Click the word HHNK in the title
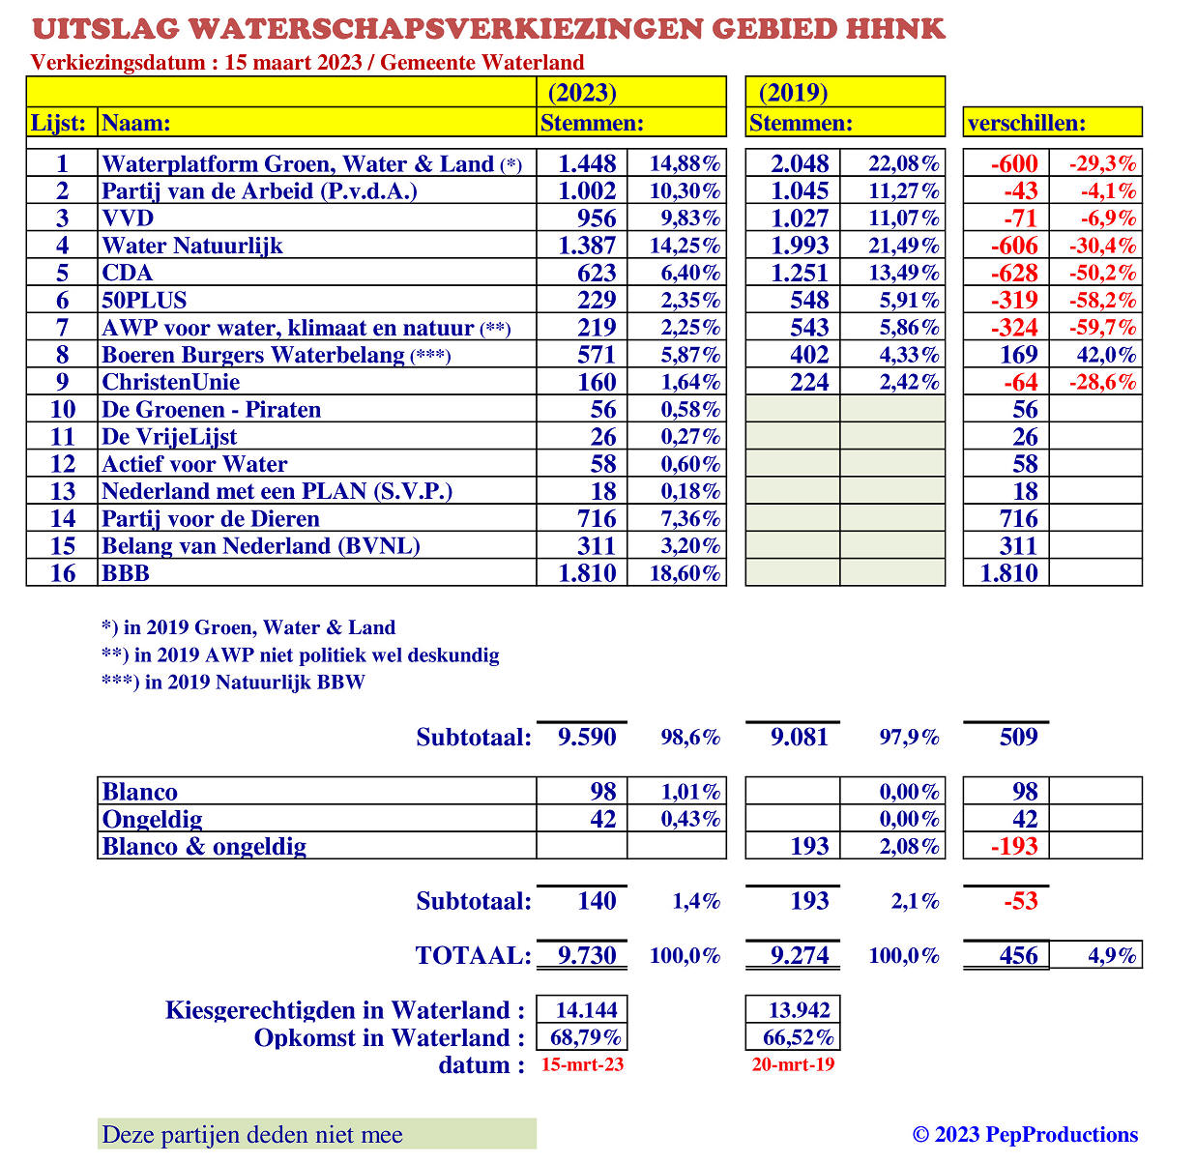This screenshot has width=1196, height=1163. click(x=894, y=28)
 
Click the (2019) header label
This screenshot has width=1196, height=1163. click(x=793, y=93)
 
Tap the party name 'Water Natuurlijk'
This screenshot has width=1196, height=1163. click(x=192, y=246)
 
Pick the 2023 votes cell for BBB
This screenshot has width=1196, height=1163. click(x=587, y=573)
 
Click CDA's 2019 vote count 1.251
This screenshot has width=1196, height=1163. click(x=800, y=273)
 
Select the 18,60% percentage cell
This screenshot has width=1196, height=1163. click(x=685, y=573)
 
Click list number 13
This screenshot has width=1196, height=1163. click(x=62, y=491)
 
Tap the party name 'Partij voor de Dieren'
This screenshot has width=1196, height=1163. click(x=211, y=519)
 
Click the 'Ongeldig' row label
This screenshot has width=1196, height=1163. click(x=153, y=820)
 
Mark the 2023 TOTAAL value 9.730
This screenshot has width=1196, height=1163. click(x=587, y=955)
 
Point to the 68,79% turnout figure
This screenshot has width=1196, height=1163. click(x=585, y=1037)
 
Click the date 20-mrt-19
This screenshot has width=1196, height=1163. click(x=793, y=1064)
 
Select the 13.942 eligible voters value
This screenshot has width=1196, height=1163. click(x=799, y=1010)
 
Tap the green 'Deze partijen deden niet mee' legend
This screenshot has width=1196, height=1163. click(x=316, y=1135)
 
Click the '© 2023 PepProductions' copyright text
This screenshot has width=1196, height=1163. click(x=1025, y=1135)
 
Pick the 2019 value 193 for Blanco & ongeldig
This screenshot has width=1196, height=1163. click(x=809, y=847)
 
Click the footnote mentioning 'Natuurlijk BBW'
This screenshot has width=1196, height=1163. click(x=233, y=683)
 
